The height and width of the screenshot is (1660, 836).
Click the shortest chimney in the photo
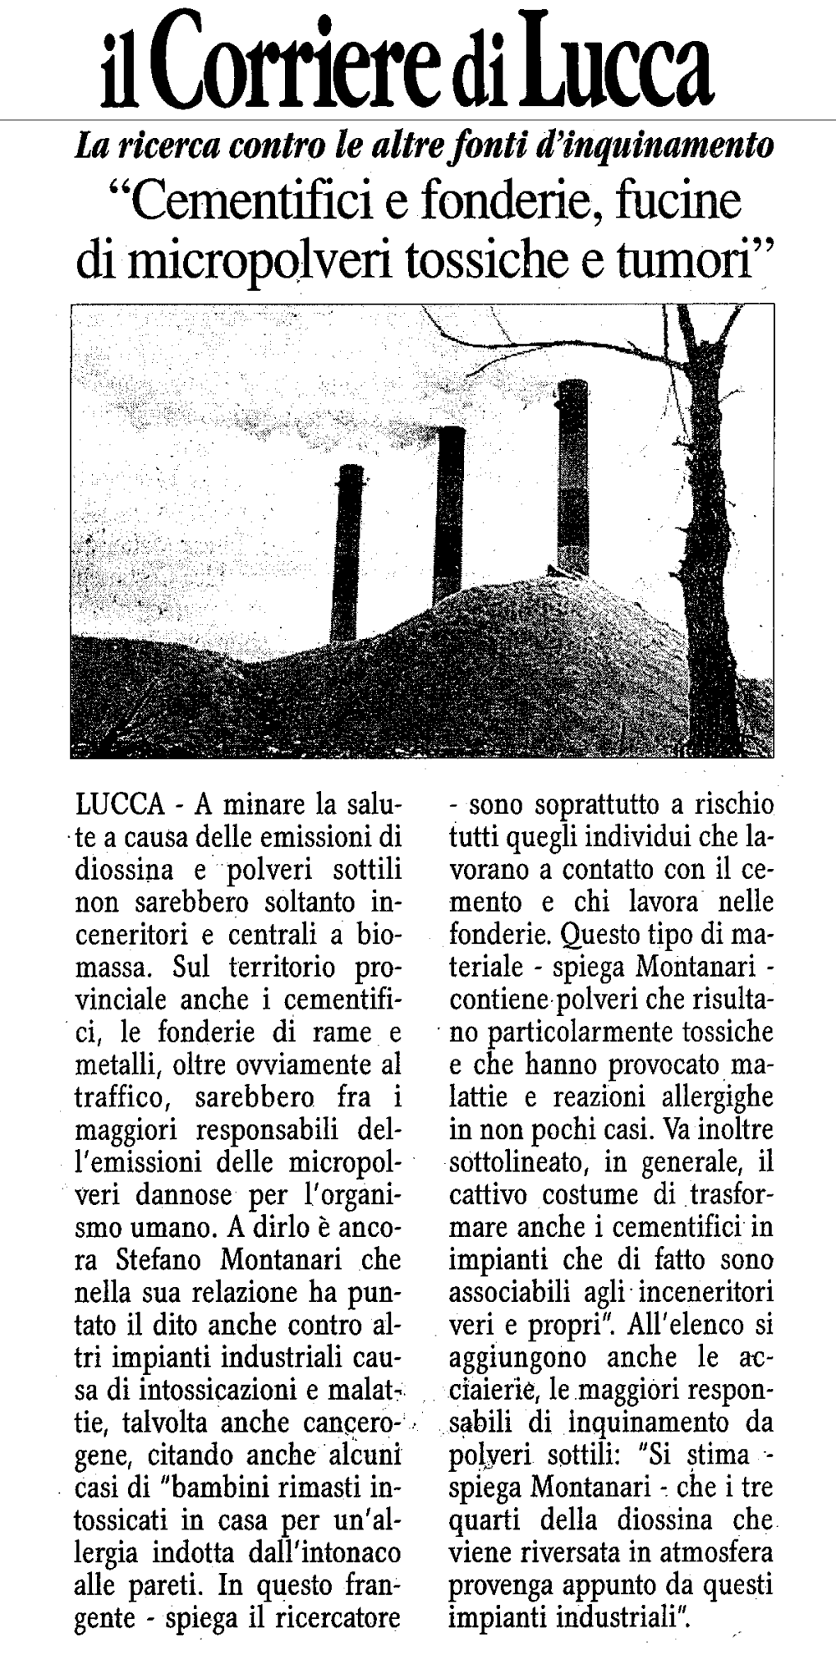pos(345,552)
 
